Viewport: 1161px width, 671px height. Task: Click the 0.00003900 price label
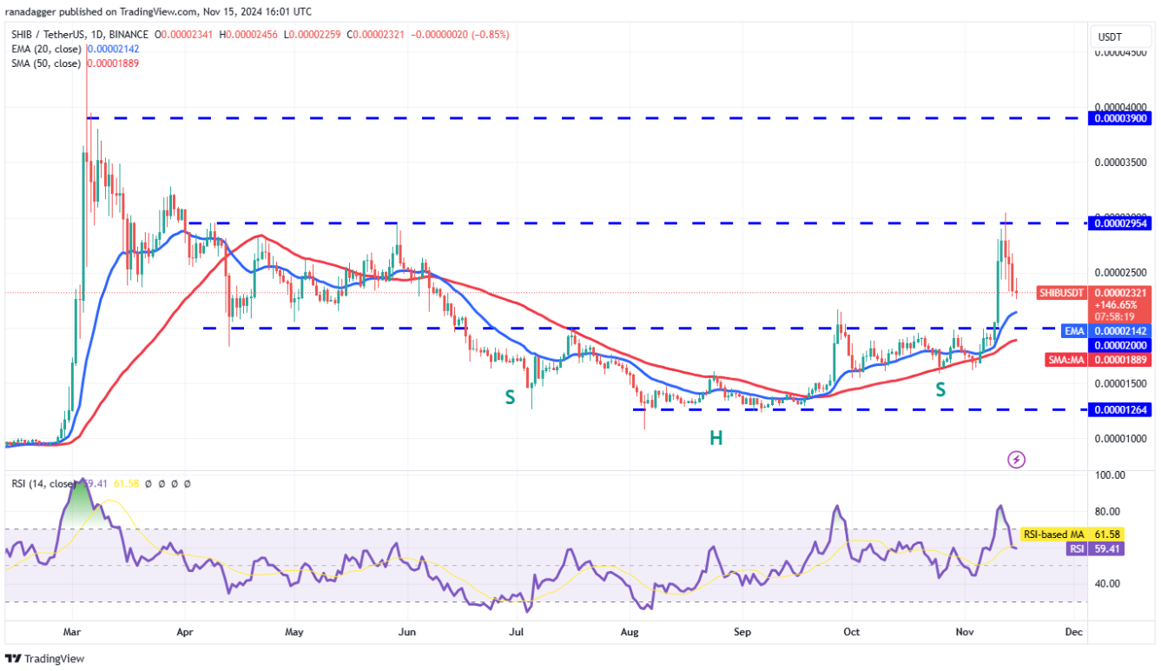click(x=1122, y=118)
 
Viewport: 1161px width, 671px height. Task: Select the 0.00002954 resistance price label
click(x=1122, y=223)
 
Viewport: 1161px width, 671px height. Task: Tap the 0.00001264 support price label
click(x=1122, y=409)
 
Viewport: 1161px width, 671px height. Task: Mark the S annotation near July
click(x=510, y=396)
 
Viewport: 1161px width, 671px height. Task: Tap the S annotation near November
click(x=940, y=389)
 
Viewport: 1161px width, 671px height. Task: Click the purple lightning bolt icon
click(x=1016, y=459)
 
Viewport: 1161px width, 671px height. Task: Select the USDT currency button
click(x=1110, y=37)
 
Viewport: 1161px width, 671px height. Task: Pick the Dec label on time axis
click(x=1073, y=632)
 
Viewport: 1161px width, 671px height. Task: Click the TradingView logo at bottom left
click(x=45, y=659)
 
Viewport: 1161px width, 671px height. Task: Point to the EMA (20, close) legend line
click(x=75, y=49)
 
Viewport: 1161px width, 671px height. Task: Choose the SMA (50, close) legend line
click(x=75, y=63)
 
